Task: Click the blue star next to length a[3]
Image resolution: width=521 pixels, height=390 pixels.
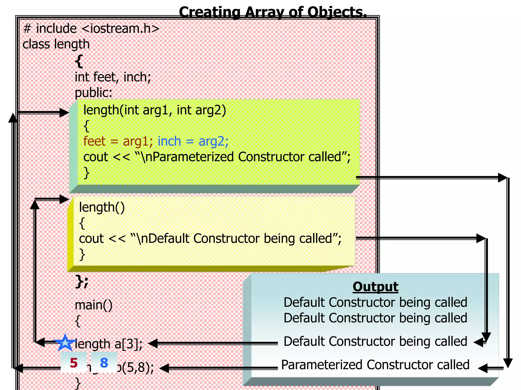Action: [x=65, y=343]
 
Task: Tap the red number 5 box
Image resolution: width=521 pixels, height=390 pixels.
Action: [x=74, y=363]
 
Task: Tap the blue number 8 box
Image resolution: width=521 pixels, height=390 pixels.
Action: [x=104, y=363]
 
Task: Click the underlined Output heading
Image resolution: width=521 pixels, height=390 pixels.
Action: [x=375, y=287]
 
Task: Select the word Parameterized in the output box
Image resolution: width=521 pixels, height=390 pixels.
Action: [x=322, y=365]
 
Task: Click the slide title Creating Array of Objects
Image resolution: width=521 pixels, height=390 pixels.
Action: [x=273, y=12]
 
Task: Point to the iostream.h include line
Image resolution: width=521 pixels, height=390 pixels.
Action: [x=91, y=28]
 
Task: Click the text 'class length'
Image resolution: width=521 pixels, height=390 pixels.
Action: [x=56, y=44]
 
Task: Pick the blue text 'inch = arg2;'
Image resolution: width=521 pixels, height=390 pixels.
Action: [x=193, y=141]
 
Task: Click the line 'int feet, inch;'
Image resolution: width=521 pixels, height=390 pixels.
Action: [x=113, y=77]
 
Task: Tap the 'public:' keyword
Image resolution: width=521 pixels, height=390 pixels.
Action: [x=93, y=93]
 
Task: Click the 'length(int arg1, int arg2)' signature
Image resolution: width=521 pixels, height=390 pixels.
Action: [x=155, y=110]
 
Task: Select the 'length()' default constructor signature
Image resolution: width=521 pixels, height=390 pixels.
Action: [x=102, y=207]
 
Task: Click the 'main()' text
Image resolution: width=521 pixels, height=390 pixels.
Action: [x=93, y=305]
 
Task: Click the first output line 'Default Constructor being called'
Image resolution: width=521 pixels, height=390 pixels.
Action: [x=375, y=302]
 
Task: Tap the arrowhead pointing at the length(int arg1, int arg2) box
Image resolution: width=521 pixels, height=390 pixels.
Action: [x=64, y=112]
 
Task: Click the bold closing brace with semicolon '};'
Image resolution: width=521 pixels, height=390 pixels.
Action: [x=82, y=282]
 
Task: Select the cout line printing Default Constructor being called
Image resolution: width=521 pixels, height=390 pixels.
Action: [x=210, y=239]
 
